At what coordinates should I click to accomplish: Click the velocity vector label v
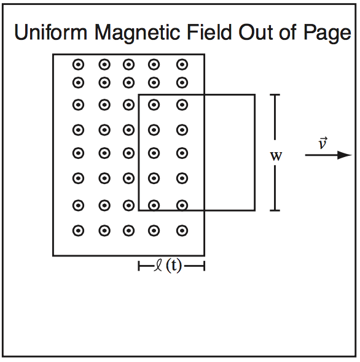[x=322, y=143]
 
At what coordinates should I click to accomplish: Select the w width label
[x=276, y=156]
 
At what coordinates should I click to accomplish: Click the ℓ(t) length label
[x=168, y=266]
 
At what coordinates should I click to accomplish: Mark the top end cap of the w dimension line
[x=275, y=94]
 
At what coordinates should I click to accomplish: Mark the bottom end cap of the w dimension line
[x=275, y=210]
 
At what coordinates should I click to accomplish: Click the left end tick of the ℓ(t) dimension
[x=139, y=266]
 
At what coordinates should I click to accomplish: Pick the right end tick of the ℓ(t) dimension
[x=203, y=266]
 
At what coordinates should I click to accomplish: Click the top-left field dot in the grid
[x=78, y=64]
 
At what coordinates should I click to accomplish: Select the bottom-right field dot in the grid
[x=182, y=231]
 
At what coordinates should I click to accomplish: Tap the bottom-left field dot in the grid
[x=78, y=231]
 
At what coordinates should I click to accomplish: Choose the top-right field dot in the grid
[x=182, y=64]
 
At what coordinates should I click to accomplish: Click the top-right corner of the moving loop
[x=254, y=94]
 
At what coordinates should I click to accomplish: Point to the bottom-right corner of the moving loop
[x=254, y=210]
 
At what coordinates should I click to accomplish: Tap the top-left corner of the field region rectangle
[x=53, y=55]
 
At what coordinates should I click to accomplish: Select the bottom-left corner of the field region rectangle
[x=53, y=255]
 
